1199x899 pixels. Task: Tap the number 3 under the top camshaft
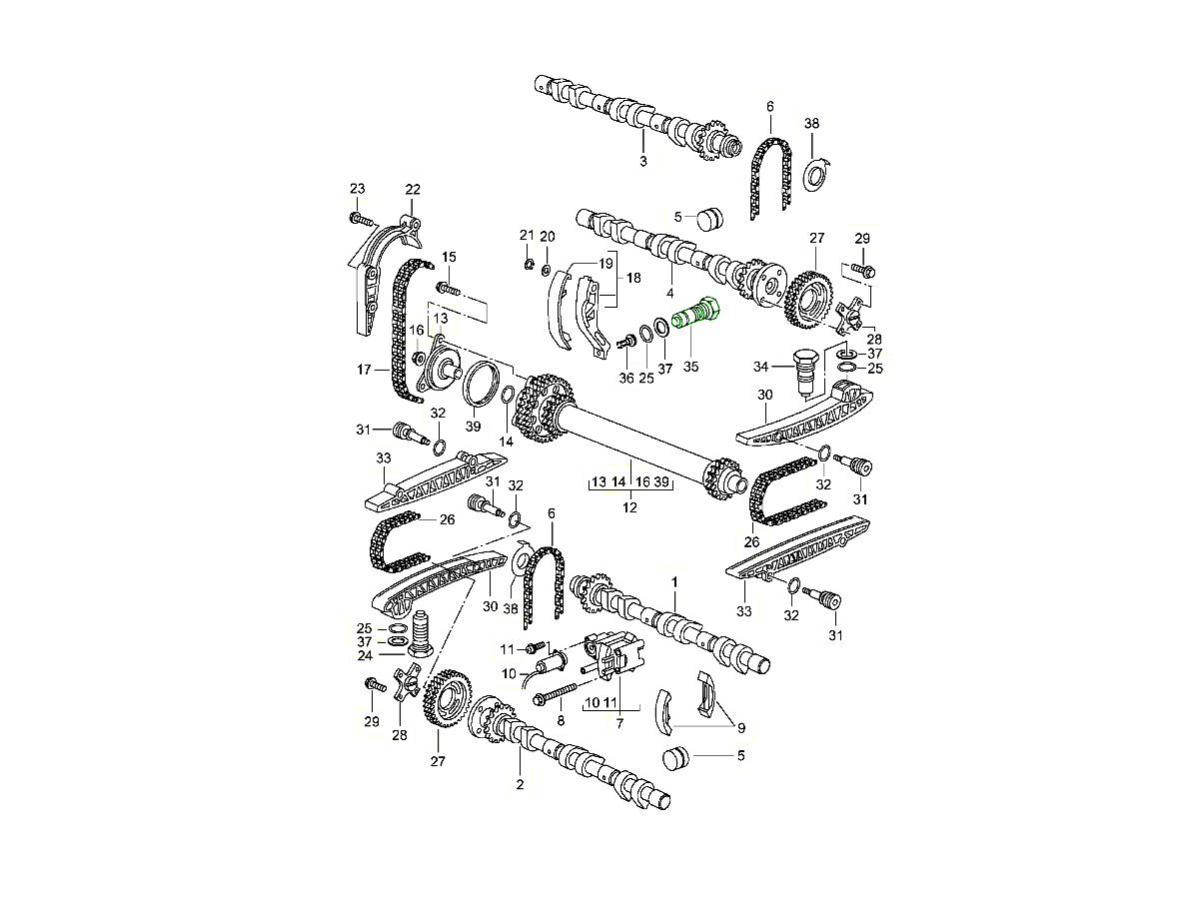pyautogui.click(x=643, y=162)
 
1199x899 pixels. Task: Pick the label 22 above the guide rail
pyautogui.click(x=413, y=190)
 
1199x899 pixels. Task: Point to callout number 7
pyautogui.click(x=619, y=722)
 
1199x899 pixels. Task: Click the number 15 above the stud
pyautogui.click(x=449, y=257)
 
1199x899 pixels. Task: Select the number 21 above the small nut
pyautogui.click(x=527, y=235)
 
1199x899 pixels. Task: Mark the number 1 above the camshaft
pyautogui.click(x=674, y=580)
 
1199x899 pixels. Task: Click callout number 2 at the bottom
pyautogui.click(x=520, y=785)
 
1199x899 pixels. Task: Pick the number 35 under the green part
pyautogui.click(x=689, y=367)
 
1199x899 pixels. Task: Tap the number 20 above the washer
pyautogui.click(x=548, y=236)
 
